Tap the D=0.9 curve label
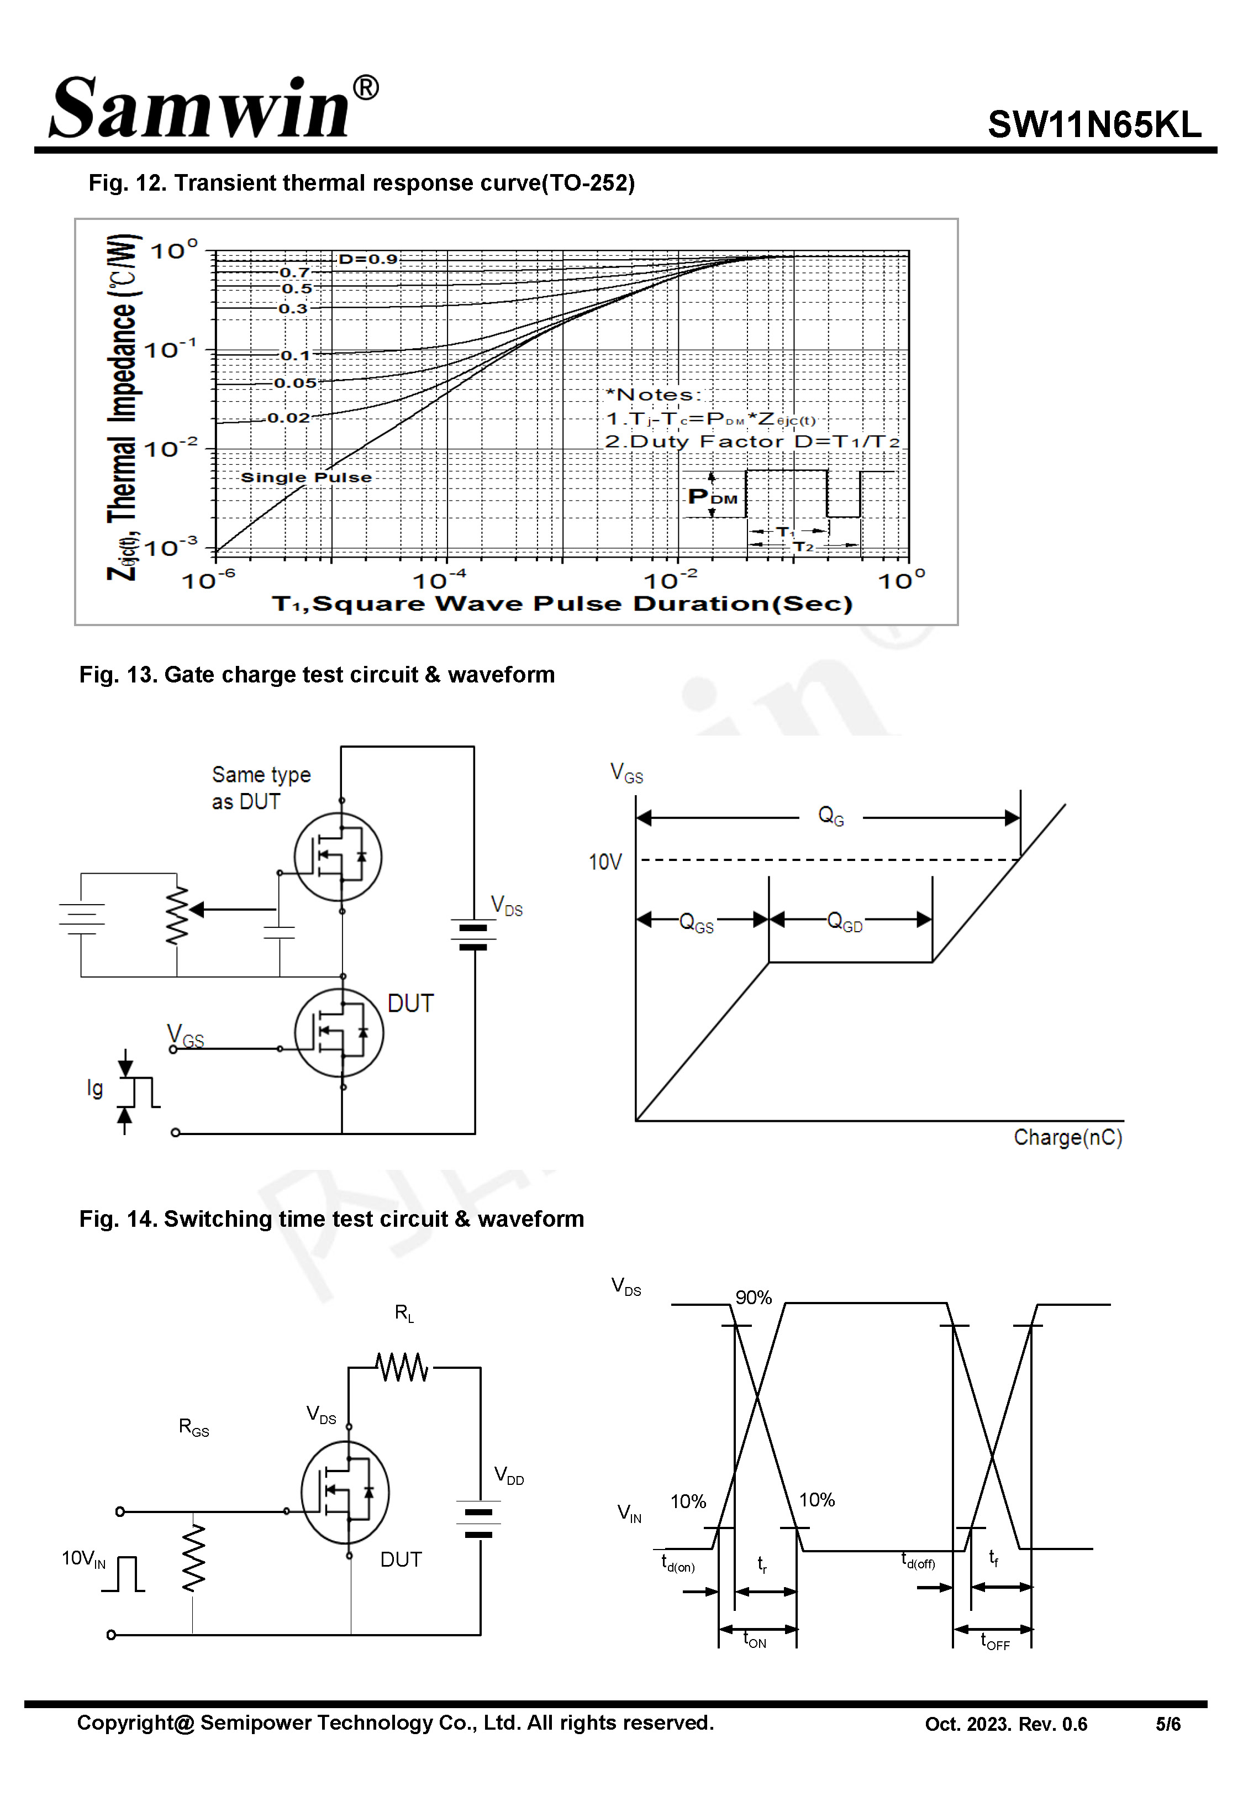tap(367, 259)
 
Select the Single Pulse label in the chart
tap(306, 477)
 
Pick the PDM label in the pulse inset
tap(712, 497)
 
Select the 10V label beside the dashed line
tap(605, 862)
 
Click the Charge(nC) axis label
tap(1067, 1137)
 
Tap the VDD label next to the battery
tap(509, 1474)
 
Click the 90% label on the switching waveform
tap(752, 1298)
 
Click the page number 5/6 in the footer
tap(1167, 1724)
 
